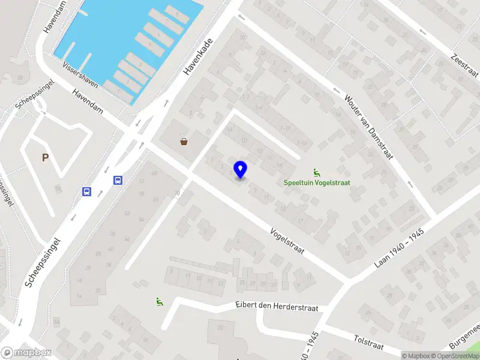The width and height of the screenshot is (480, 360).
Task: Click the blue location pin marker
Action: [241, 170]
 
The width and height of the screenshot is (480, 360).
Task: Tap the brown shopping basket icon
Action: [184, 142]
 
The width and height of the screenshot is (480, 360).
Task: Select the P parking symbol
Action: [45, 158]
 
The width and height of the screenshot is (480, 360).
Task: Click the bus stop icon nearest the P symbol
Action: [87, 191]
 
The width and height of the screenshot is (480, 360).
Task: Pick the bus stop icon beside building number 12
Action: [118, 180]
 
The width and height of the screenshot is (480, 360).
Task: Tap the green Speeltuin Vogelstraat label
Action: [317, 183]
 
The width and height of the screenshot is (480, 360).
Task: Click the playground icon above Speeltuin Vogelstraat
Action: [317, 172]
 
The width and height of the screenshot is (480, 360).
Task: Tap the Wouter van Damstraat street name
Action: [368, 126]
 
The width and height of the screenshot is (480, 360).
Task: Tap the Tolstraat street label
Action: [369, 342]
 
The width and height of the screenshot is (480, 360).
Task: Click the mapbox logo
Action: [25, 353]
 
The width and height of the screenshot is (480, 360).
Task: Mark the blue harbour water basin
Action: [129, 42]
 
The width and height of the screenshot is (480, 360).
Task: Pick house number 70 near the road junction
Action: [177, 193]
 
